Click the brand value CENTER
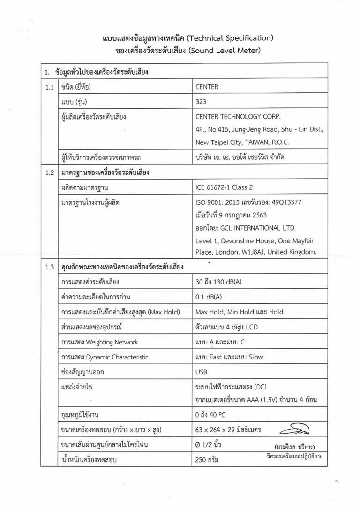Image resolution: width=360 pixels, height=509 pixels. tap(207, 87)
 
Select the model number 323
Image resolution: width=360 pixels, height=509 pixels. tap(200, 101)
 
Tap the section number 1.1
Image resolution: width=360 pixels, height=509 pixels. tap(49, 87)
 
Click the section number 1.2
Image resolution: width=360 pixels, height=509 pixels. tap(49, 172)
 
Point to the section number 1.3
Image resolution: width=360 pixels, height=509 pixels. tap(49, 268)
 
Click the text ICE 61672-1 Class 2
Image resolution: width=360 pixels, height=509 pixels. tap(224, 187)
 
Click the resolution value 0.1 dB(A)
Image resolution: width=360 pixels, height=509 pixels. tap(208, 297)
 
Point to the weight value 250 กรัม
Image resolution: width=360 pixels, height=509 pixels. tap(207, 460)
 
